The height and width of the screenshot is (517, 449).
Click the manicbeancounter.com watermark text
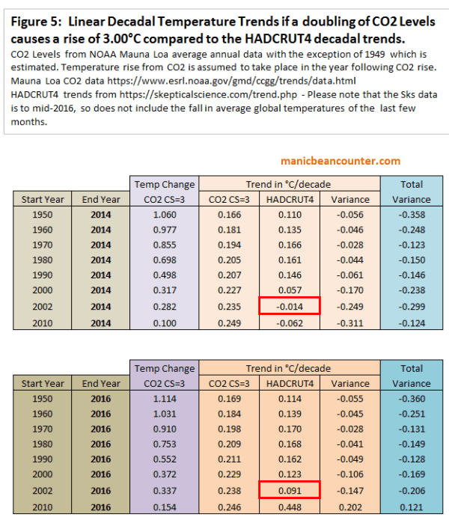[340, 161]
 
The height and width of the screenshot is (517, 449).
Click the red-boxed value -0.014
[290, 305]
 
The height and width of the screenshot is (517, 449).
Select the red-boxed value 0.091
[290, 489]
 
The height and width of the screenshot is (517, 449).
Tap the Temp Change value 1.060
[164, 215]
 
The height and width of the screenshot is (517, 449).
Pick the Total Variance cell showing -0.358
[411, 215]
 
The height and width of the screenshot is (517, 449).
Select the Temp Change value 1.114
[164, 399]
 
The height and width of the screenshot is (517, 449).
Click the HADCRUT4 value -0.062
[290, 320]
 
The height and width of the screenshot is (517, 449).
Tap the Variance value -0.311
[350, 320]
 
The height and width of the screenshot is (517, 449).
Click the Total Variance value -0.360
[411, 399]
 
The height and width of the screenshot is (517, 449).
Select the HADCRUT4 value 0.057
[290, 290]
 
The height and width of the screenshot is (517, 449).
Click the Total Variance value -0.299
[411, 305]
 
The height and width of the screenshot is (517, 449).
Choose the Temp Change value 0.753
[164, 444]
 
